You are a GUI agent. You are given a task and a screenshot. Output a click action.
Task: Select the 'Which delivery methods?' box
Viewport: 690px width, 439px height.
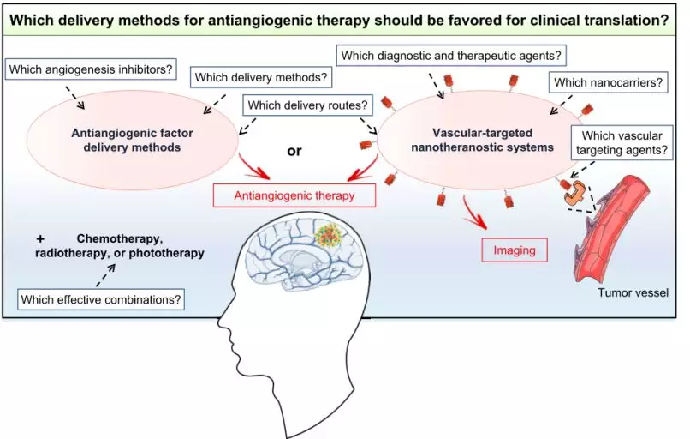261,78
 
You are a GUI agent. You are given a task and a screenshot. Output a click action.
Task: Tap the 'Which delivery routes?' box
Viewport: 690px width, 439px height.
306,106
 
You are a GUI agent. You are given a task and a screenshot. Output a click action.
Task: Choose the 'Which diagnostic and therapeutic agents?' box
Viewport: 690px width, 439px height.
451,57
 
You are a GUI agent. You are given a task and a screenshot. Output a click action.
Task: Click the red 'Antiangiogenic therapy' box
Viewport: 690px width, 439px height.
294,195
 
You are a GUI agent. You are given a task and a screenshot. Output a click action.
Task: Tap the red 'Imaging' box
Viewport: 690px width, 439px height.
514,250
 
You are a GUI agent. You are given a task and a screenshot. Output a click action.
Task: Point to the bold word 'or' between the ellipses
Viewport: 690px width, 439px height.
294,152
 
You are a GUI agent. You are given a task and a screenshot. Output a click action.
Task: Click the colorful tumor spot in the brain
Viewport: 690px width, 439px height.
326,237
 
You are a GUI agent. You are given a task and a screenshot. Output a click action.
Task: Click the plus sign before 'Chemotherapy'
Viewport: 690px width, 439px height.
40,238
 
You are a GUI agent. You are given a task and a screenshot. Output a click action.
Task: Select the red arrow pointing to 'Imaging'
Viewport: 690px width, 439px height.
473,214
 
